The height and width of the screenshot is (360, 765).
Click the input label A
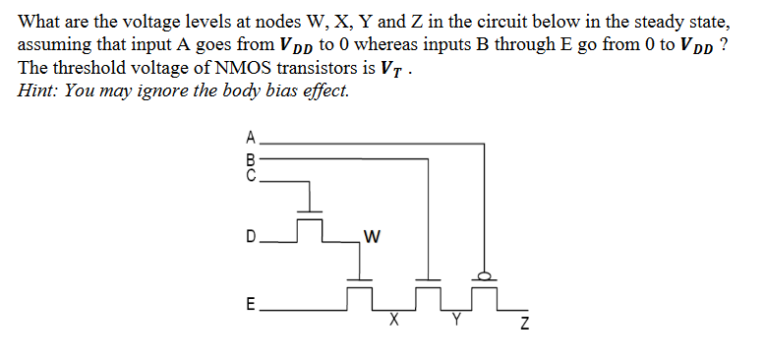251,136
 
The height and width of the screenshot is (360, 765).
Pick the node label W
370,236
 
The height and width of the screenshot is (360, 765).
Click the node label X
393,320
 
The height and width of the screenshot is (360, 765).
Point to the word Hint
37,91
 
